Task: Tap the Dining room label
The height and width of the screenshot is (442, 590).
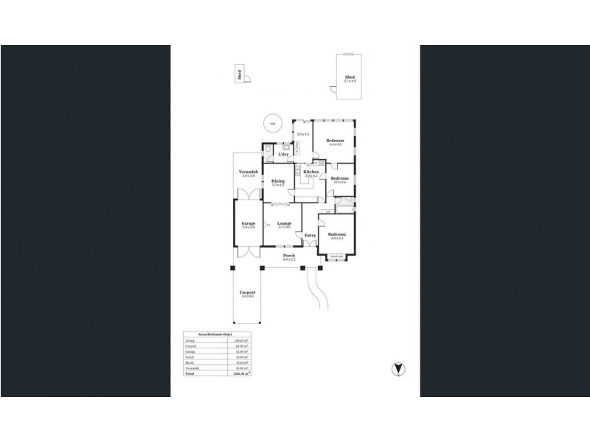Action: click(x=278, y=180)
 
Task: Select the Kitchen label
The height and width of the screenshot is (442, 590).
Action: click(x=310, y=172)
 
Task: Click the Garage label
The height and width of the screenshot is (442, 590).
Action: click(x=249, y=223)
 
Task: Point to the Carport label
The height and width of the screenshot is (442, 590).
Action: click(x=247, y=292)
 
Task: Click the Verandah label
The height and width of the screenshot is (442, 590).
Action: click(x=247, y=172)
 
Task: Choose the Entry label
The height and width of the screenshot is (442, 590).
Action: click(x=310, y=236)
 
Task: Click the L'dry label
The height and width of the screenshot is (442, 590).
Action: click(x=282, y=153)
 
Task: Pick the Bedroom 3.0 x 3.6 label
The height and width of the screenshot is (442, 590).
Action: click(x=339, y=179)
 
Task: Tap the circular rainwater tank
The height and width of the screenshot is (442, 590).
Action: click(x=273, y=124)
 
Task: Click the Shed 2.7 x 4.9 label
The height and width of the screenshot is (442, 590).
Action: click(x=350, y=78)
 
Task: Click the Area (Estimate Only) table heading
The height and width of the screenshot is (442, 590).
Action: click(x=216, y=334)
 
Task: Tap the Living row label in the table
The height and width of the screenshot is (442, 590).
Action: click(x=190, y=341)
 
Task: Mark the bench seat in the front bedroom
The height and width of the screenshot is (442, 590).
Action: click(x=336, y=256)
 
